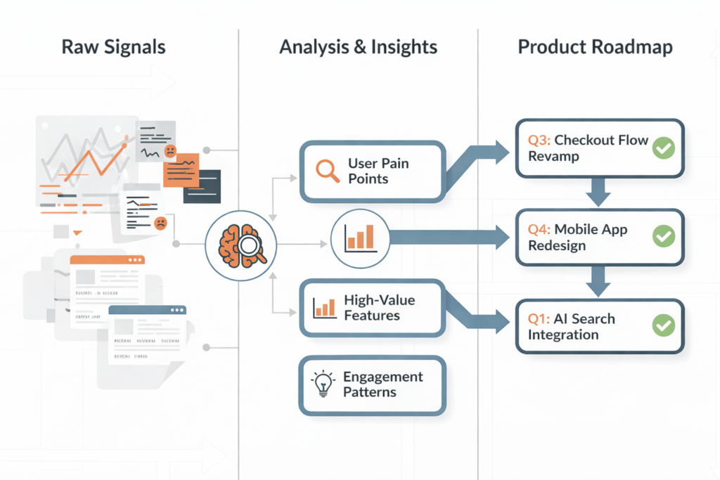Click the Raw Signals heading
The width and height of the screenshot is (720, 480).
point(114,48)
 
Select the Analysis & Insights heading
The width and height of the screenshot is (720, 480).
point(358,48)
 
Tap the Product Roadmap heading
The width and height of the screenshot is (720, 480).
point(595,48)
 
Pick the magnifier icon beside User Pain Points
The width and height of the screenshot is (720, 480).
point(328,171)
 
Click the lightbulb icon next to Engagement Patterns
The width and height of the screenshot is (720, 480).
point(322,384)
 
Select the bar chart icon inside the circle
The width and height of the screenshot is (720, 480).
point(360,238)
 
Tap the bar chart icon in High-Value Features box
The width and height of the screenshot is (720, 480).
point(324,307)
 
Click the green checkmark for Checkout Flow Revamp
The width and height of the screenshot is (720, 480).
point(663,148)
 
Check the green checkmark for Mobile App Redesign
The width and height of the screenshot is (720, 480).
point(663,237)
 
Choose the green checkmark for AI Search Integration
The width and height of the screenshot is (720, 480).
point(663,325)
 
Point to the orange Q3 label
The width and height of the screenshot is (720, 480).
point(539,140)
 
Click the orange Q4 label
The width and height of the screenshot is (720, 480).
point(539,229)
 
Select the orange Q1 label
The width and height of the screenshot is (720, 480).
point(539,318)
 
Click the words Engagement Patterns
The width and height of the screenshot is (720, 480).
point(382,384)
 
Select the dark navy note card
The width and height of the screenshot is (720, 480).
point(202,186)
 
